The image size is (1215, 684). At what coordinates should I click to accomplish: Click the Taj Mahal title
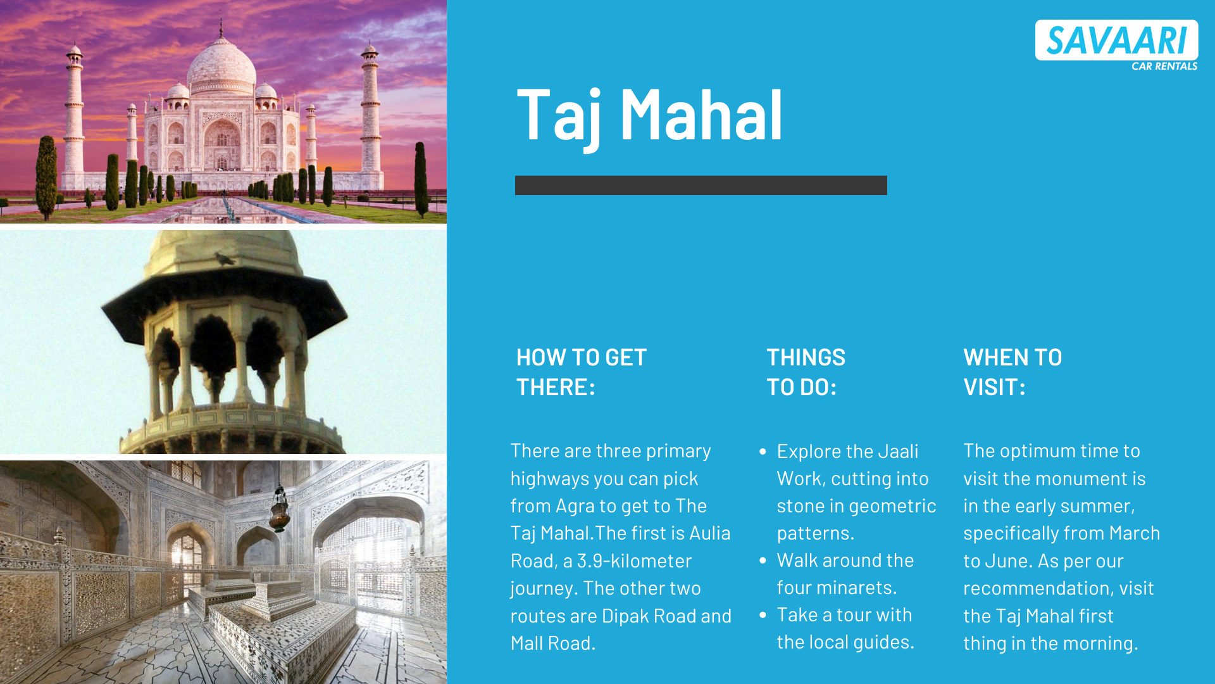point(650,116)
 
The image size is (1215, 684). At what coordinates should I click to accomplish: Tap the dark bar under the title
point(701,185)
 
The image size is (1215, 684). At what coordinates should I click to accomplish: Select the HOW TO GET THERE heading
point(582,372)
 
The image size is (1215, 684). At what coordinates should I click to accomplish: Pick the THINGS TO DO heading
point(806,372)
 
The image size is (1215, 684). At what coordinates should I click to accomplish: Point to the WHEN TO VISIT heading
point(1012,372)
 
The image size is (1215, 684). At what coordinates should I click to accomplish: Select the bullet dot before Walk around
point(763,560)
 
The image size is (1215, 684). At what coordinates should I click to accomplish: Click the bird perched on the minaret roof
point(225,258)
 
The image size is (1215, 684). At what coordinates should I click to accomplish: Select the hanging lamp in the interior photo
point(279,510)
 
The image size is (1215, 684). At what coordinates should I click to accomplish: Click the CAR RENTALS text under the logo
point(1164,66)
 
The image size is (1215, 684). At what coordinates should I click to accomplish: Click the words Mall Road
point(553,643)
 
